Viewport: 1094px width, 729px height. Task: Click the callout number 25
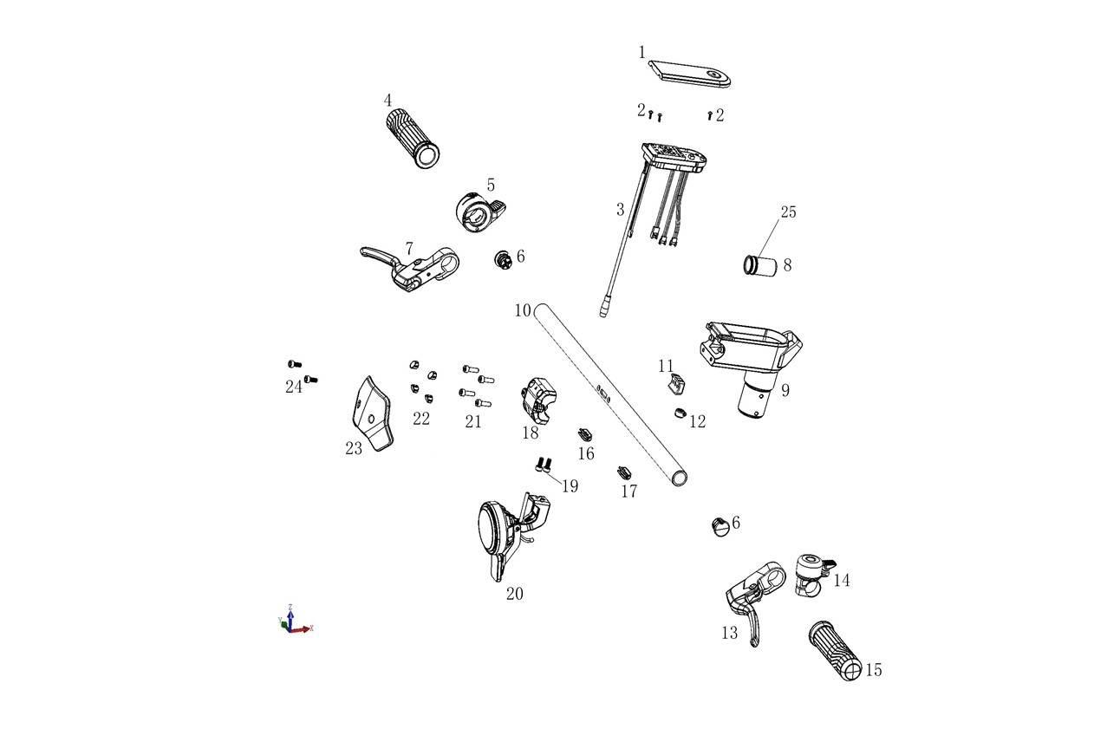click(788, 212)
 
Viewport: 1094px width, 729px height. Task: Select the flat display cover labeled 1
click(690, 74)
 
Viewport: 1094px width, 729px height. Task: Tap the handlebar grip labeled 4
click(413, 138)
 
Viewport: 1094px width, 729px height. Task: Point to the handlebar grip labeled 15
click(836, 651)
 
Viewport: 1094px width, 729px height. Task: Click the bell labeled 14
click(812, 574)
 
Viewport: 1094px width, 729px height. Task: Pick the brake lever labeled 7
click(410, 268)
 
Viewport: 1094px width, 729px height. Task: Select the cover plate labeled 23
click(372, 413)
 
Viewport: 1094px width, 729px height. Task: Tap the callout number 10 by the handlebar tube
click(523, 310)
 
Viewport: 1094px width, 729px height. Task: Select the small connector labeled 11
click(676, 383)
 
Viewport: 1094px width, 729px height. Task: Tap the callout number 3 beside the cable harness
click(621, 210)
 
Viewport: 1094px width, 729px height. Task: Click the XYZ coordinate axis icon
click(295, 620)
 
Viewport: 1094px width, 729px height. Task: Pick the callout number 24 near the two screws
click(294, 387)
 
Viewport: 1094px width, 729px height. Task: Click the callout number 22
click(421, 419)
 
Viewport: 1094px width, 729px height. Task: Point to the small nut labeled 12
click(680, 413)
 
